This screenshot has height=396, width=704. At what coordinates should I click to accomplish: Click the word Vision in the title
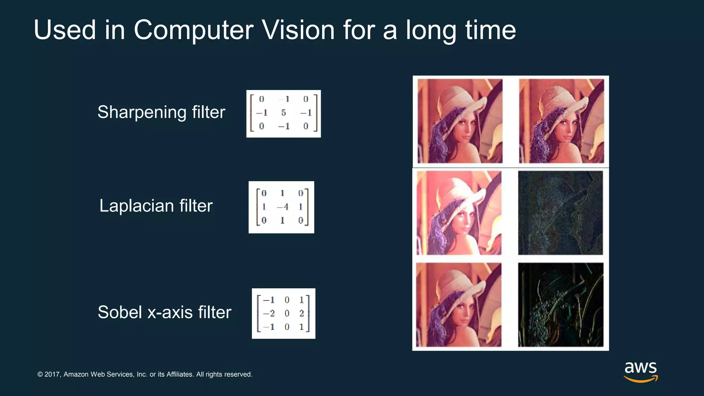pos(298,30)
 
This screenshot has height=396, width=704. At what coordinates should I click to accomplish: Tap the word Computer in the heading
pos(193,30)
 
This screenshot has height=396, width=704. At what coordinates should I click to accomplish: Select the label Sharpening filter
pos(161,112)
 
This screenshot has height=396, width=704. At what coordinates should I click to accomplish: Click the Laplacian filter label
pos(156,206)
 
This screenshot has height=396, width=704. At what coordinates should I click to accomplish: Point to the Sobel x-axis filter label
pos(164,312)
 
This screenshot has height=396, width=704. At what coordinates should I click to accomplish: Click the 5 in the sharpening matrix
pos(284,113)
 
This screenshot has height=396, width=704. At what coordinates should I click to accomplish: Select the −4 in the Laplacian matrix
pos(283,207)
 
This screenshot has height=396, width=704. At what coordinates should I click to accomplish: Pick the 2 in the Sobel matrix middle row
pos(301,313)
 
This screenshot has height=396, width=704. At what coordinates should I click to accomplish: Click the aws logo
pos(640,372)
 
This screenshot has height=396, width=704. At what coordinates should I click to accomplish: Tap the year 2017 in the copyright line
pos(53,374)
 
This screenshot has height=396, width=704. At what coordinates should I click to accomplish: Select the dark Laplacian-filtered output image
pos(561,213)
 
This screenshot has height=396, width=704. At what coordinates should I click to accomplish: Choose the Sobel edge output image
pos(561,305)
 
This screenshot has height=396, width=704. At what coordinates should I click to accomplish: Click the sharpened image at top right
pos(561,121)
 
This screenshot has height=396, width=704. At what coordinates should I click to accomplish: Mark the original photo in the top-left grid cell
pos(460,121)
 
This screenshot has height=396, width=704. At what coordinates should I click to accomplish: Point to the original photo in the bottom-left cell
pos(459,305)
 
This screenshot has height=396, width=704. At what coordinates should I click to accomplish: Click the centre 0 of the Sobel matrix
pos(287,313)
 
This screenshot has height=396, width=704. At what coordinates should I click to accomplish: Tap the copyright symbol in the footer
pos(40,374)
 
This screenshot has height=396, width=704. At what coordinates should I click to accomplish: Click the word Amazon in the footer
pos(76,374)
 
